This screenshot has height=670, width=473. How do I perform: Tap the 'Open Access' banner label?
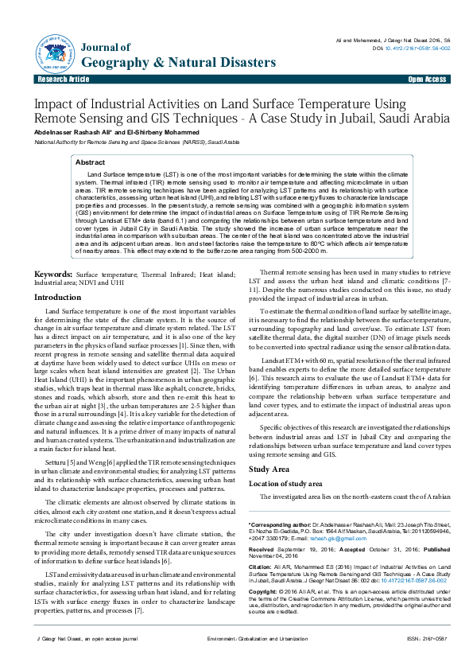427,80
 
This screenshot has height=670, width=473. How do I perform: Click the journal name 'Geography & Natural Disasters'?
179,63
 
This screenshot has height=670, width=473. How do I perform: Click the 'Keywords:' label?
53,273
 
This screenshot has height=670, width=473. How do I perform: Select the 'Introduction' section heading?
57,297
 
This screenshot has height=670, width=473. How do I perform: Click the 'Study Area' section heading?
269,469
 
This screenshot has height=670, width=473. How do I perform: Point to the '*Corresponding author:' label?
280,525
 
